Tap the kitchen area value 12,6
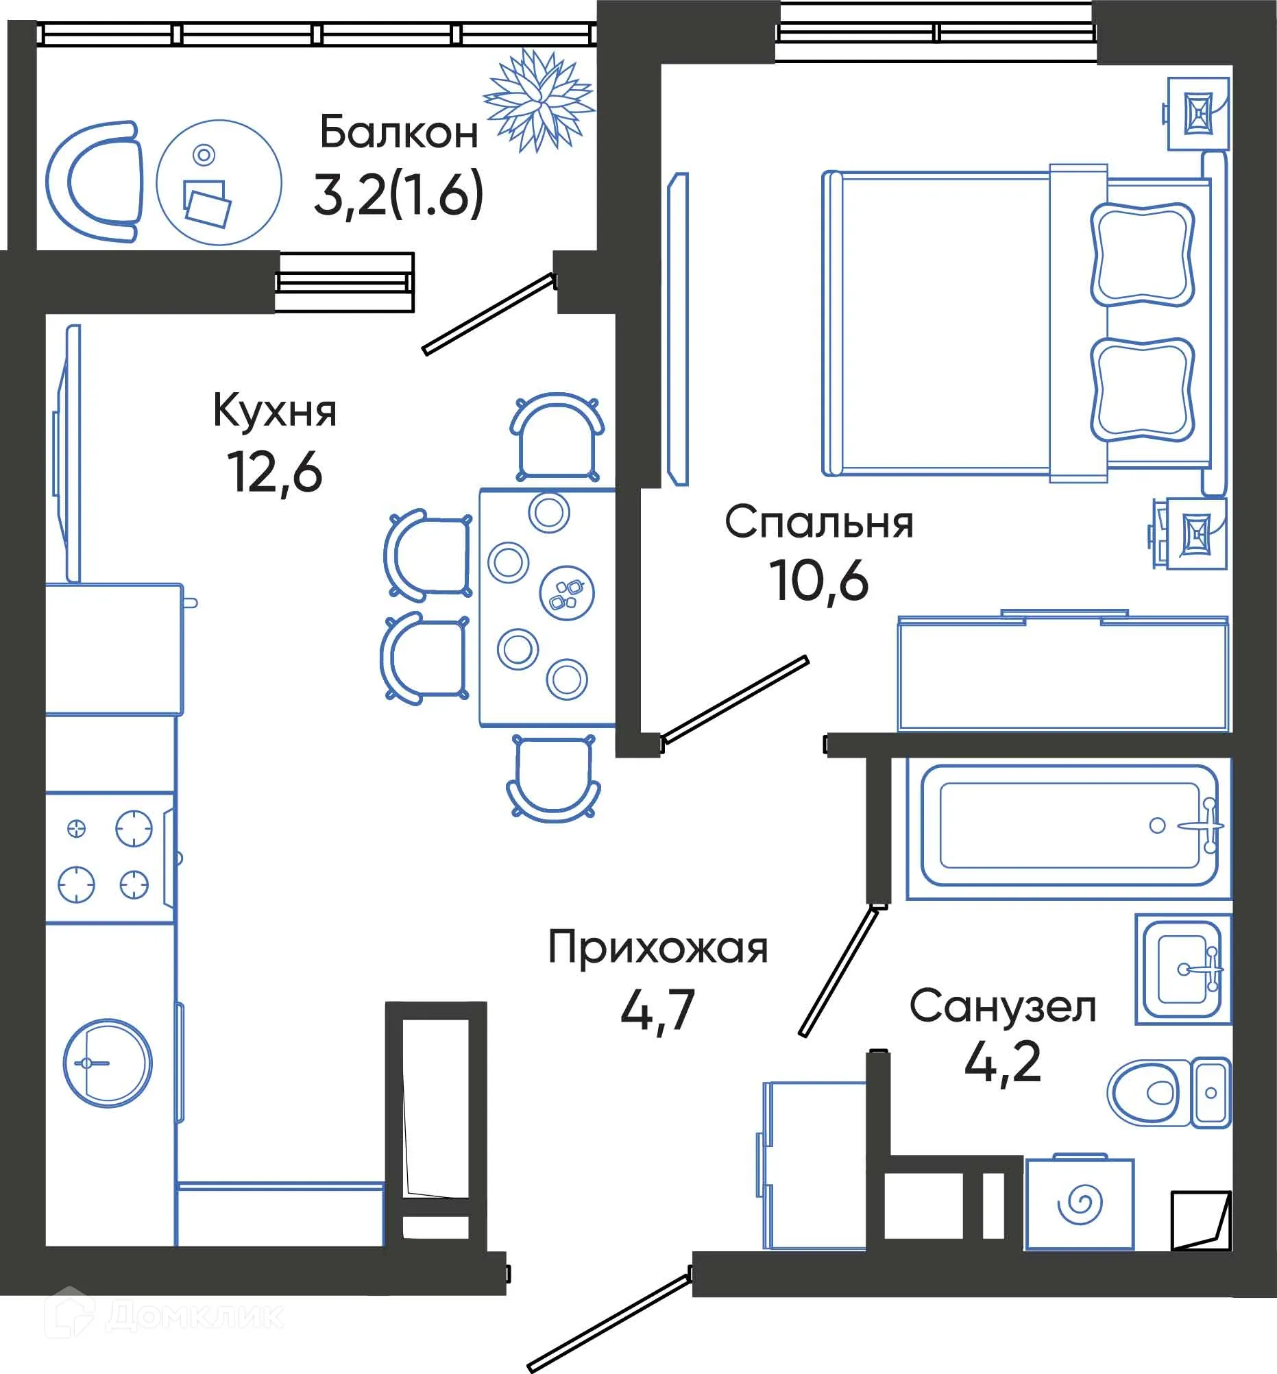click(275, 473)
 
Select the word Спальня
click(819, 522)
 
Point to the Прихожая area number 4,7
click(657, 1011)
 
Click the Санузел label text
click(1003, 1007)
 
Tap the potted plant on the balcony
click(538, 100)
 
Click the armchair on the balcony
click(95, 182)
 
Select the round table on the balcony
click(219, 182)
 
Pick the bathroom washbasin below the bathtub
click(1182, 967)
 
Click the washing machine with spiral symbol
click(1080, 1204)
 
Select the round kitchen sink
click(107, 1063)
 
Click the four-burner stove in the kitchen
click(107, 856)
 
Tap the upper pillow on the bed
click(1142, 254)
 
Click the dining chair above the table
click(557, 437)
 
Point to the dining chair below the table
click(554, 778)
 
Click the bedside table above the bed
click(1197, 114)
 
